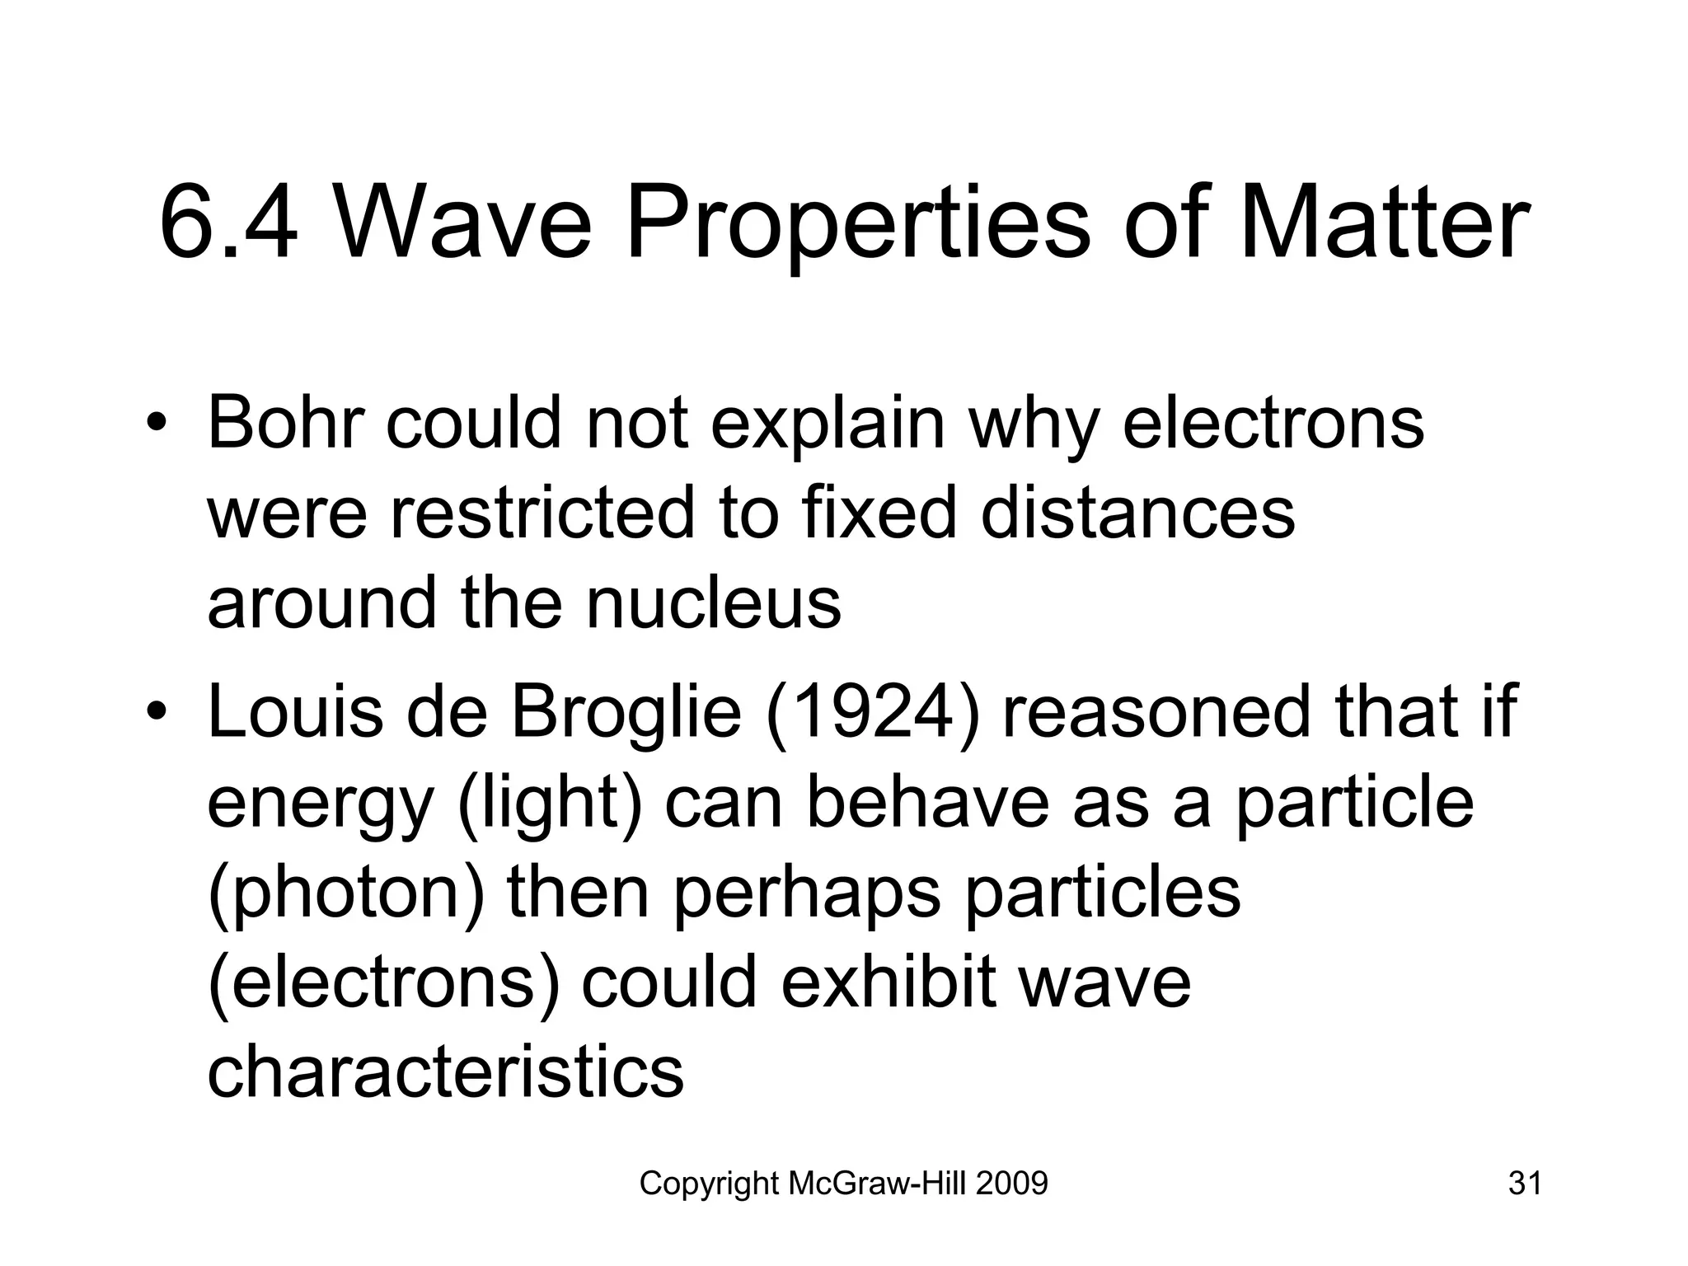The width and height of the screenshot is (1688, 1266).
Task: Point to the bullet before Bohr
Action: click(156, 425)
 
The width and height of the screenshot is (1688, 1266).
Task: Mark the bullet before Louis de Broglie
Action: click(156, 712)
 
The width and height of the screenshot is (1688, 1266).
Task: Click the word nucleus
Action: click(714, 602)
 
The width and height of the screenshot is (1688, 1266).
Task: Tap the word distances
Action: click(1138, 513)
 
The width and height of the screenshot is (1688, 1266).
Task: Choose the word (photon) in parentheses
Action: click(346, 893)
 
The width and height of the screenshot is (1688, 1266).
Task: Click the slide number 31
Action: click(1525, 1184)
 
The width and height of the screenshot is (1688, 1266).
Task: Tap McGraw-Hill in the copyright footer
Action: click(877, 1184)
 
